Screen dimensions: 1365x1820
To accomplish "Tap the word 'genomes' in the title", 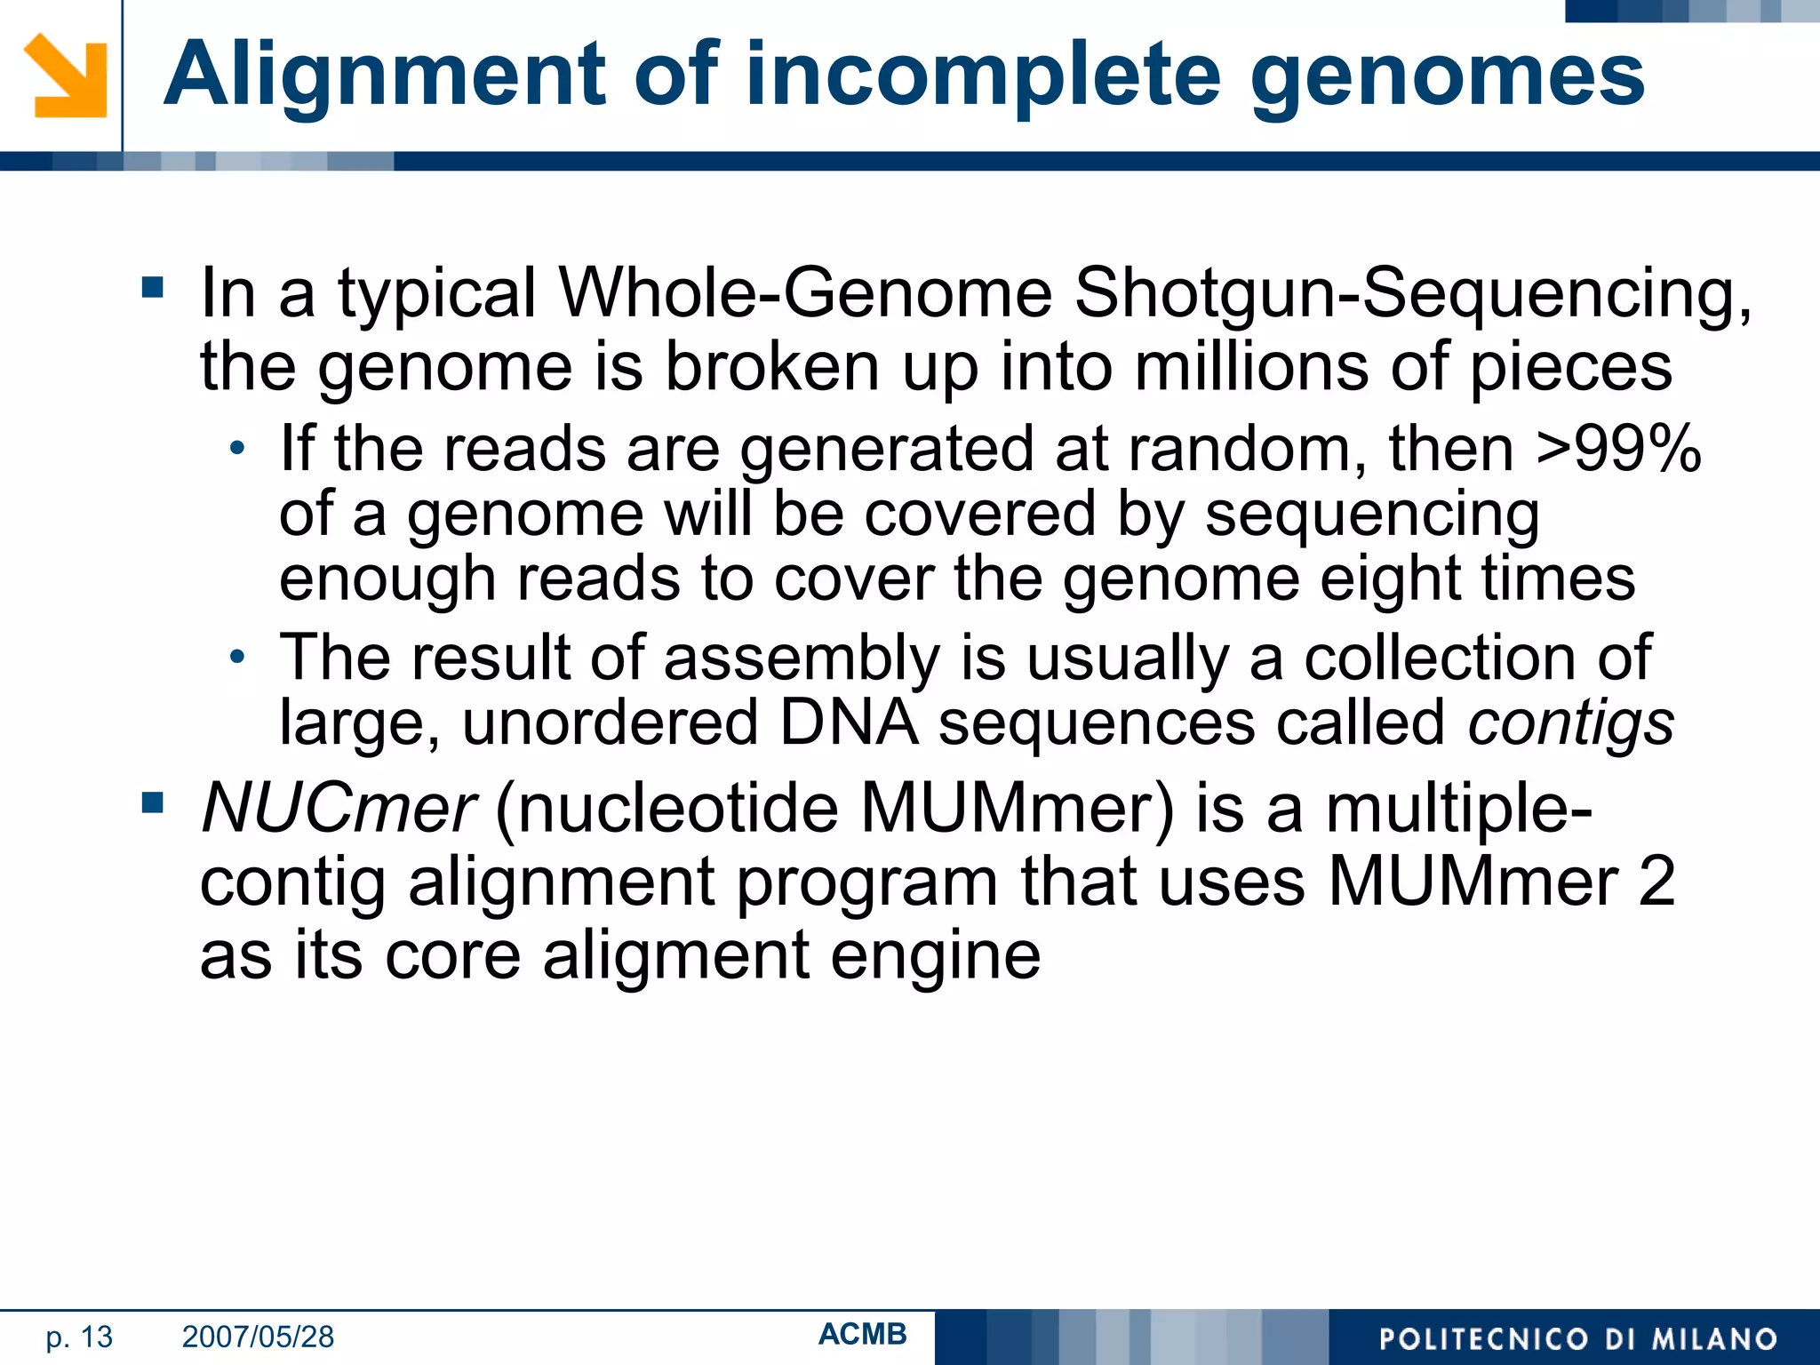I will coord(1448,76).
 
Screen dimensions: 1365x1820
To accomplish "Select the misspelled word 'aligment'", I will coord(675,955).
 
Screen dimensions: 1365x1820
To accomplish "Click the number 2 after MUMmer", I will coord(1656,882).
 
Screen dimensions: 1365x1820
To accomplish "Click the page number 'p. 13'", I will coord(79,1337).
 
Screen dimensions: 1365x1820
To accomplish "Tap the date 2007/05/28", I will coord(258,1337).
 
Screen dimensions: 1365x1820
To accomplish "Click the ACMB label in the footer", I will coord(862,1334).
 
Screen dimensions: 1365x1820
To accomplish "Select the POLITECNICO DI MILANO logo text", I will coord(1577,1339).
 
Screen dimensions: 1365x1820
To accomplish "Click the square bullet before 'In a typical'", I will coord(153,288).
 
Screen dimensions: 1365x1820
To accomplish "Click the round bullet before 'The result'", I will coord(236,658).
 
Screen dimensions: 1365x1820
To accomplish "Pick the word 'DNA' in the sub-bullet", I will coord(848,722).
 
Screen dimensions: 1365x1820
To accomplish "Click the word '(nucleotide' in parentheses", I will coord(667,809).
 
